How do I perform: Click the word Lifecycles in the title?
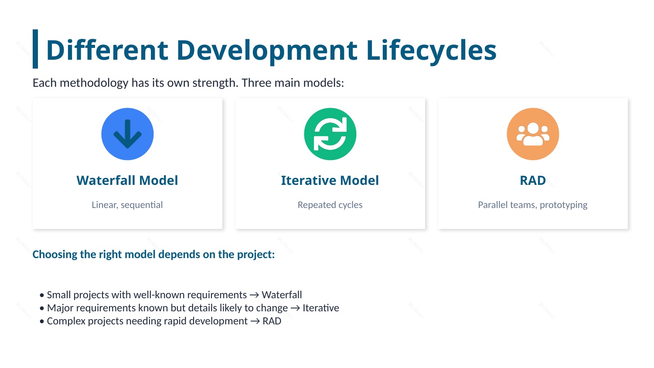pyautogui.click(x=431, y=50)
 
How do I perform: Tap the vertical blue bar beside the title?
pyautogui.click(x=35, y=49)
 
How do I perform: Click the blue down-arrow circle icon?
pyautogui.click(x=127, y=134)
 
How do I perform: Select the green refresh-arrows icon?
pyautogui.click(x=330, y=134)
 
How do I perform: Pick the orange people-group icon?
pyautogui.click(x=533, y=134)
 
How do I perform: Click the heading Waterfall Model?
pyautogui.click(x=127, y=180)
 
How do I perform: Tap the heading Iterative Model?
pyautogui.click(x=330, y=180)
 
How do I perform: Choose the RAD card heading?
pyautogui.click(x=533, y=180)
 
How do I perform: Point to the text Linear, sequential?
pyautogui.click(x=127, y=205)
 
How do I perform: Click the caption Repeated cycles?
pyautogui.click(x=330, y=205)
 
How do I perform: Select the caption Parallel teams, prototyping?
pyautogui.click(x=533, y=205)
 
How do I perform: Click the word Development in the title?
pyautogui.click(x=267, y=50)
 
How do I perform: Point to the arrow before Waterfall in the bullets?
pyautogui.click(x=254, y=295)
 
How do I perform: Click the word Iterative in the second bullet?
pyautogui.click(x=320, y=308)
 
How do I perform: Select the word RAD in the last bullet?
pyautogui.click(x=272, y=321)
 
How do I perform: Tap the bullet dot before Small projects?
pyautogui.click(x=42, y=295)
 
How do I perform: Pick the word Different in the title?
pyautogui.click(x=107, y=50)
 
